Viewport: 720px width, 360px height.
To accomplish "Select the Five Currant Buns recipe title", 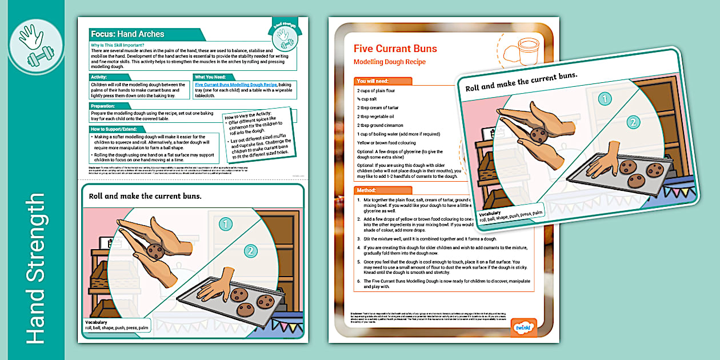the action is point(395,49).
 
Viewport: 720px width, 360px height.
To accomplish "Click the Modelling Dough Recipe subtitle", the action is point(389,62).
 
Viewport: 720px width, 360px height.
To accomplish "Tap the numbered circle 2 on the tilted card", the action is point(632,122).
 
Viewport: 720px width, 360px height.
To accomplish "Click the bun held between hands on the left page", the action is point(155,250).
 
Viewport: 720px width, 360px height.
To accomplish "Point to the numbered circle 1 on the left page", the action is point(226,224).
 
